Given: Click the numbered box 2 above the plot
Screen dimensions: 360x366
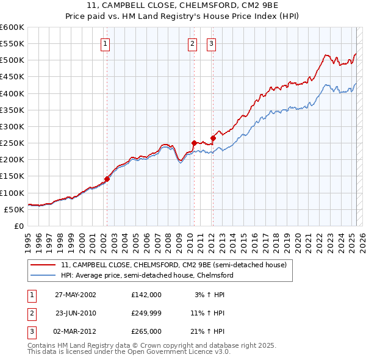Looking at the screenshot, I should [x=193, y=43].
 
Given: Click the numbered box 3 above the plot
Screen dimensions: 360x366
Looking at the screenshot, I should [x=212, y=43].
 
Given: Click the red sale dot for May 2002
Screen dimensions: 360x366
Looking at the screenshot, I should [x=107, y=179].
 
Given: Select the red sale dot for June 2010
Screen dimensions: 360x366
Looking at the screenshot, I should [x=193, y=143].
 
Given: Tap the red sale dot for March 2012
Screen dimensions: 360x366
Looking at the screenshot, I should [x=213, y=138].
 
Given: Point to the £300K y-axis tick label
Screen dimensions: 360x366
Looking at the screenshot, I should [x=12, y=126].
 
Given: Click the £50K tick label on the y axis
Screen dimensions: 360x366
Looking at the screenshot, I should [x=15, y=209].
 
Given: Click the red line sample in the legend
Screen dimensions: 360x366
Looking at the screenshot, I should [x=44, y=265].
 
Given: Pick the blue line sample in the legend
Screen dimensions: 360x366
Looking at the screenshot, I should [x=44, y=275].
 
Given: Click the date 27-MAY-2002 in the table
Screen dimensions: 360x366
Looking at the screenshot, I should [x=76, y=295].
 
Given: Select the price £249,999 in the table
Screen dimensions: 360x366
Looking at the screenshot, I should [x=146, y=313].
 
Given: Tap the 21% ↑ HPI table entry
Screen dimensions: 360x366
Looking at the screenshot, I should [x=207, y=331].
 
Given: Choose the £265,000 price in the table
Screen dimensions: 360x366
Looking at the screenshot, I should [x=146, y=331].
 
